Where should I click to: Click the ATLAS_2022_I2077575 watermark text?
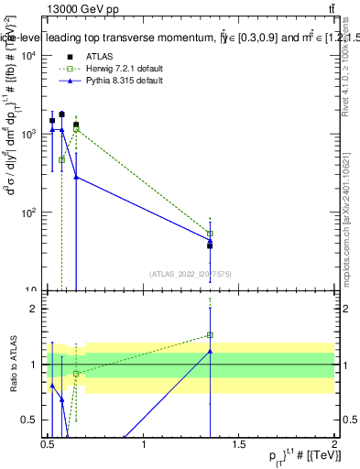(x=191, y=273)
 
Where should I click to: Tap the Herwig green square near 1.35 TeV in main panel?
(x=210, y=234)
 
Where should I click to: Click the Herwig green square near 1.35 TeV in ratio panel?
(x=210, y=335)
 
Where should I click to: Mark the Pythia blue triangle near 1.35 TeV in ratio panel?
(x=210, y=351)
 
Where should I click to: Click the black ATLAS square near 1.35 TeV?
(x=210, y=245)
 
